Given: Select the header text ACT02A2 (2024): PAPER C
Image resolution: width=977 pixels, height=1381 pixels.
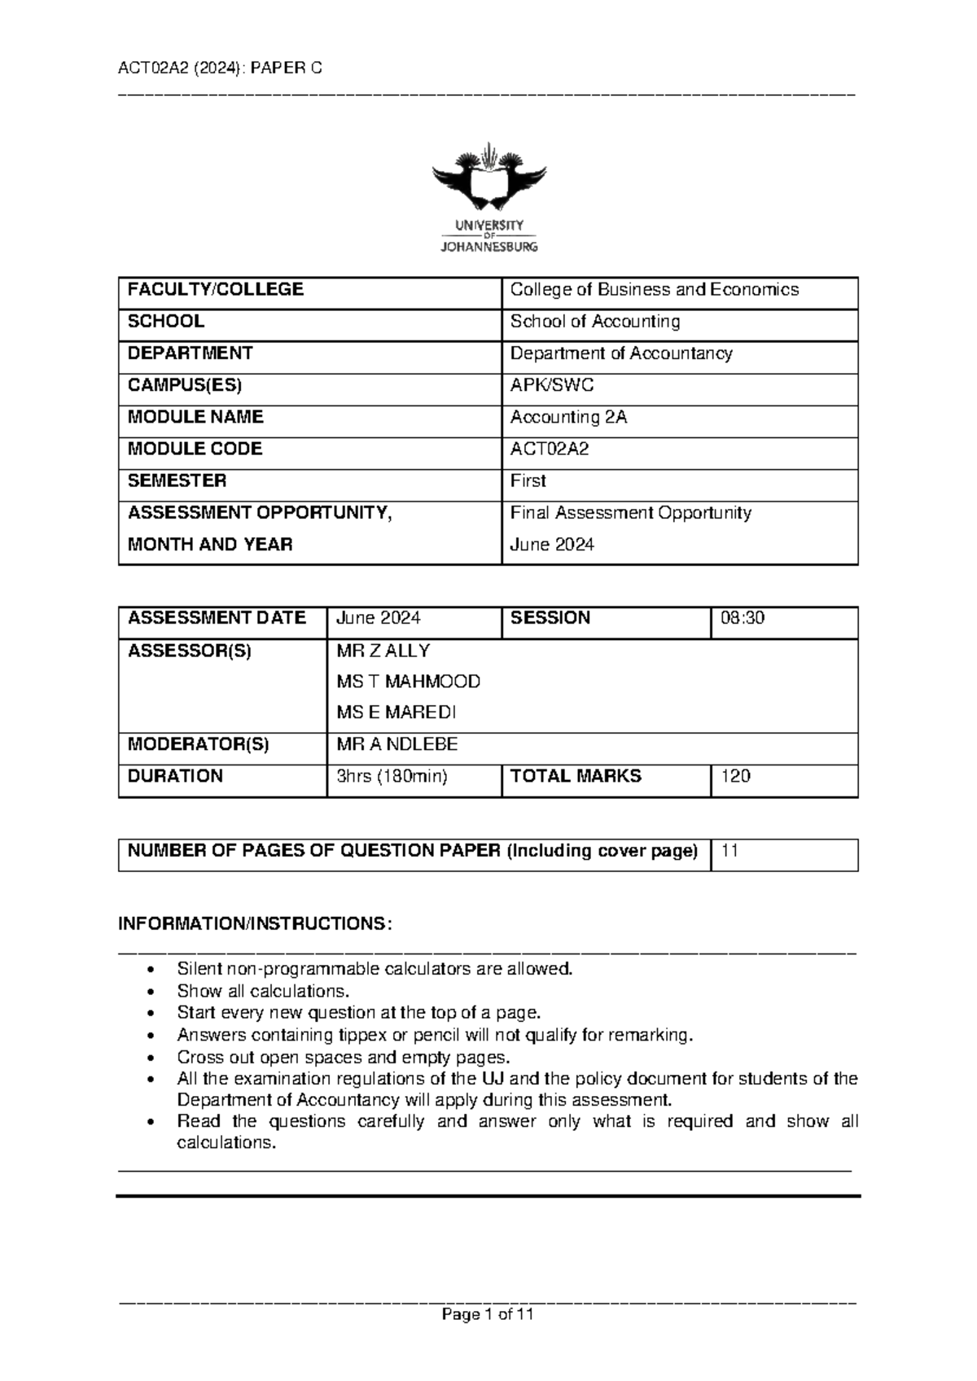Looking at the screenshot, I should point(220,68).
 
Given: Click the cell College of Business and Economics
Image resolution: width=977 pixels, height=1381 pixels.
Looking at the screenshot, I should point(654,290).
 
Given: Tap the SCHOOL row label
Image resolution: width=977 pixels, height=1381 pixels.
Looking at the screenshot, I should point(166,322).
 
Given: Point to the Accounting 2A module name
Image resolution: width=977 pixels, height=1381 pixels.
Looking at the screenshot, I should point(568,417).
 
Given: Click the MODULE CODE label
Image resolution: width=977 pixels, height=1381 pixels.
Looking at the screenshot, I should point(195,449).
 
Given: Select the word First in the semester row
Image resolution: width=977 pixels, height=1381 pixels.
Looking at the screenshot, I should point(528,481).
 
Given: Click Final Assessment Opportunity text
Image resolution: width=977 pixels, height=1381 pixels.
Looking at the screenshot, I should point(630,513).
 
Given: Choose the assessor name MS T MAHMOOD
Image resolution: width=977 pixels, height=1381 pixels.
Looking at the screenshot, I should point(408,682).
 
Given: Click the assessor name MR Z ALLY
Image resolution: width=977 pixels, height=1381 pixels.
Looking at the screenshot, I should point(383,651).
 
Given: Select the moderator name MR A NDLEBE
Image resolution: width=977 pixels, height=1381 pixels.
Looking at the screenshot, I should point(396,744).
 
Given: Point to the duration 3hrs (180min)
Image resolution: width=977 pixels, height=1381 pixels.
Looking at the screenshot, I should point(392,776).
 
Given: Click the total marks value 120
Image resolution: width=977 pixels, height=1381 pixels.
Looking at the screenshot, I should point(735,776).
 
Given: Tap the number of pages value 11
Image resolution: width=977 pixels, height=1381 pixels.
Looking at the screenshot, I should point(729,851).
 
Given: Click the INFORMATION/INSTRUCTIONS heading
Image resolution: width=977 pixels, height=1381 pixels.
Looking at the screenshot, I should point(255,924).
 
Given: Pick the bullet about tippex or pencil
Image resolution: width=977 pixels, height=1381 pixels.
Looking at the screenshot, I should point(435,1035).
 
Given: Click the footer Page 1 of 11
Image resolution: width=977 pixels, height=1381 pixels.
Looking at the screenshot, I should point(487,1314).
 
